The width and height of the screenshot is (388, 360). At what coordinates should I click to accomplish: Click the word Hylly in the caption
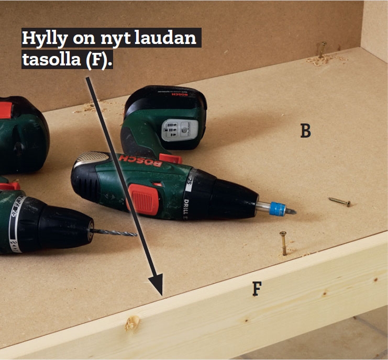pyautogui.click(x=45, y=38)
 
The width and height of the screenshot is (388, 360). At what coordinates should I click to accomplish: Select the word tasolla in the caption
pyautogui.click(x=52, y=59)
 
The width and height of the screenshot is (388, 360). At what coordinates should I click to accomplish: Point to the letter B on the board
pyautogui.click(x=306, y=131)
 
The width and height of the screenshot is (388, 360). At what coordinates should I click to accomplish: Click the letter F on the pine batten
pyautogui.click(x=257, y=289)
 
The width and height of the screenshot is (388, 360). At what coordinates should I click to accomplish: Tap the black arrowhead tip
pyautogui.click(x=162, y=296)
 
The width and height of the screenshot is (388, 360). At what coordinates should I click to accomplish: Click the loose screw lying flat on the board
pyautogui.click(x=339, y=202)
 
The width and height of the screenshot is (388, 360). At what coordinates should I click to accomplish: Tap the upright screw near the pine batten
pyautogui.click(x=283, y=243)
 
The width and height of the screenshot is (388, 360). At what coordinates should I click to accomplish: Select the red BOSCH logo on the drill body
pyautogui.click(x=140, y=161)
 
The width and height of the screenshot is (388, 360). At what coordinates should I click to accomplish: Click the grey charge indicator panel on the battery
pyautogui.click(x=180, y=130)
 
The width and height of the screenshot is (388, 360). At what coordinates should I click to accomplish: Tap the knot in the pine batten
pyautogui.click(x=132, y=323)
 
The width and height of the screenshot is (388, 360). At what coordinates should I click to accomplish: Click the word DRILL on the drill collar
pyautogui.click(x=186, y=209)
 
